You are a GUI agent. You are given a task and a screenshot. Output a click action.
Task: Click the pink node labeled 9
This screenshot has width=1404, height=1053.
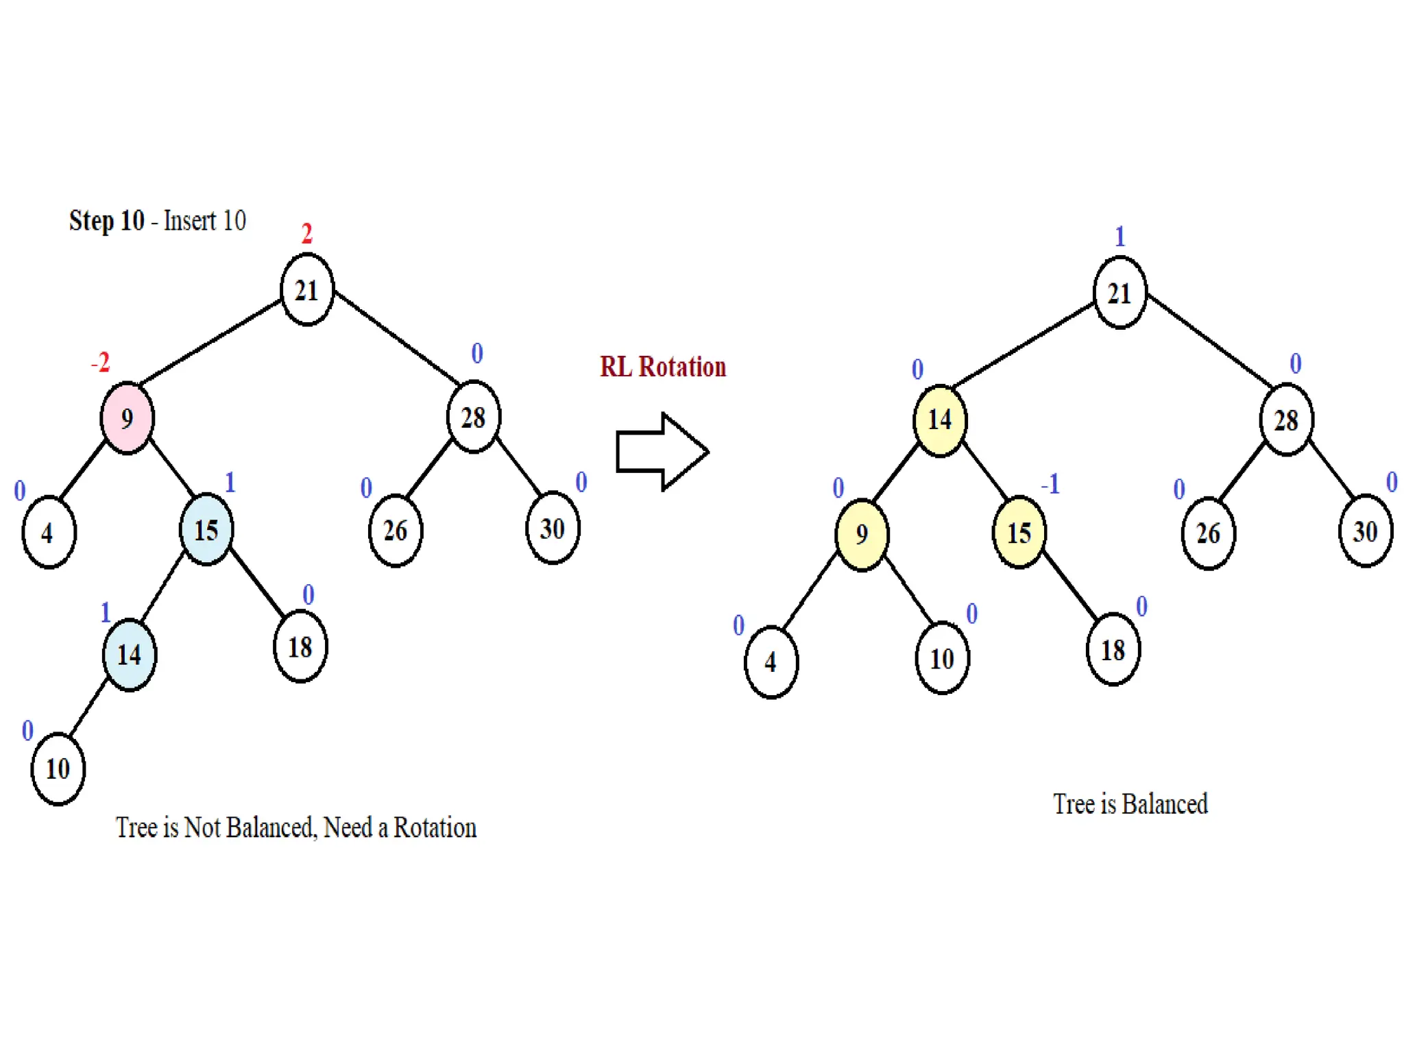click(x=127, y=417)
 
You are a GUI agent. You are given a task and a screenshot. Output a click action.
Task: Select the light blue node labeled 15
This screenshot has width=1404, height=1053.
click(x=206, y=530)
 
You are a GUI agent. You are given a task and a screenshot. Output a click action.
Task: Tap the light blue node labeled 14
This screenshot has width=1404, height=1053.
click(x=129, y=655)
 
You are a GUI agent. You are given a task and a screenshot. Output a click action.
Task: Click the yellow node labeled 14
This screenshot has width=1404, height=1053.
click(x=940, y=420)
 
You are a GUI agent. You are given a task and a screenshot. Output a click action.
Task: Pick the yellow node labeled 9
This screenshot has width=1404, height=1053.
click(x=862, y=534)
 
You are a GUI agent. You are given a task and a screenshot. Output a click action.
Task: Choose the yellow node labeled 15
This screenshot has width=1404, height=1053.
click(x=1019, y=533)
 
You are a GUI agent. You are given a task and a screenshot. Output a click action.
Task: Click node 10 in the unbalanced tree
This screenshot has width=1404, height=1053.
click(x=58, y=768)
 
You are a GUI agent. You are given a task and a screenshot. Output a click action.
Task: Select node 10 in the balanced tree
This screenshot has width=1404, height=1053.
click(x=942, y=658)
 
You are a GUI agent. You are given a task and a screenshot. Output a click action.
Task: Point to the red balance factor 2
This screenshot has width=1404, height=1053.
click(x=307, y=234)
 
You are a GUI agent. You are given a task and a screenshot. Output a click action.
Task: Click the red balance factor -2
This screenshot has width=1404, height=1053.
click(x=101, y=362)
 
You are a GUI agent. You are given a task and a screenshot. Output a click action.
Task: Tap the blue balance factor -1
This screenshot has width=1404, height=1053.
click(x=1050, y=485)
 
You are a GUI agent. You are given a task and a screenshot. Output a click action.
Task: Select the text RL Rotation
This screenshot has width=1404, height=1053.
click(x=662, y=367)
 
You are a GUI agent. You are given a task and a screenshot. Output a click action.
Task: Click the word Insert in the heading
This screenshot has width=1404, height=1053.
click(x=191, y=221)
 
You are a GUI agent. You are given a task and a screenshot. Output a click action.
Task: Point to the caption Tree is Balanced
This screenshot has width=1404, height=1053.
click(x=1130, y=804)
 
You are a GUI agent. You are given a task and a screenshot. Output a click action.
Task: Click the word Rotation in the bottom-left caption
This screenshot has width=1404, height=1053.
click(x=435, y=828)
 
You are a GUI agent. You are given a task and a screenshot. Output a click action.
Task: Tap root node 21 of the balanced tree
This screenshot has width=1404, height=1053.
click(x=1119, y=293)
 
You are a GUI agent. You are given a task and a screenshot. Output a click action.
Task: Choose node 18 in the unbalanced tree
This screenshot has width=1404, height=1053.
click(x=300, y=646)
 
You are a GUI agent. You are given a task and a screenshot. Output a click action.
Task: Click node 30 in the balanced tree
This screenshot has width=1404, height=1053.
click(x=1365, y=531)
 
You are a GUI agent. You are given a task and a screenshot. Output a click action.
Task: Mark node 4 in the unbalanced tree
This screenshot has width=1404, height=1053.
click(x=49, y=533)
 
